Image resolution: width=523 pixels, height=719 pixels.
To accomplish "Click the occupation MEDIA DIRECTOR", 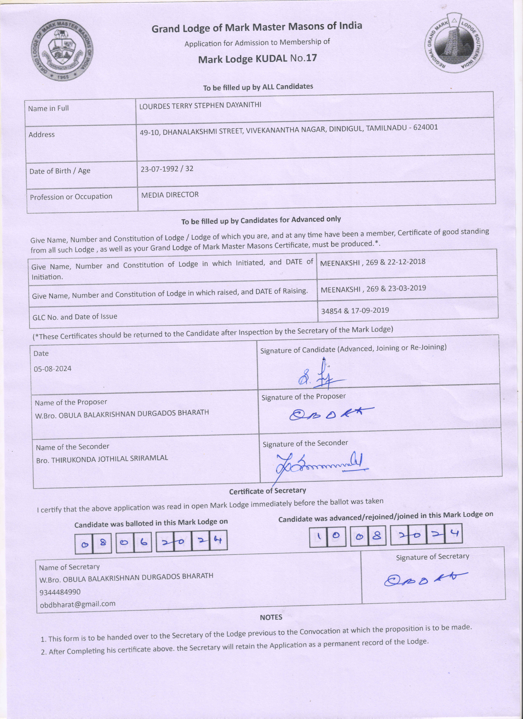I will [170, 195].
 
